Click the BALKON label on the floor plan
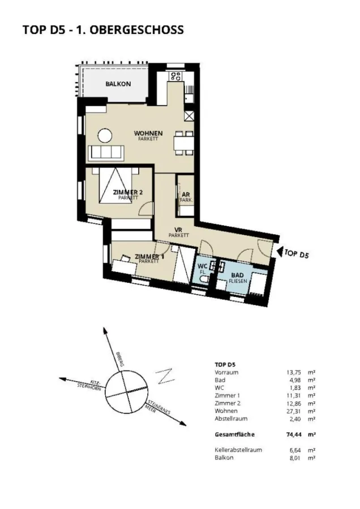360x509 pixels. (118, 84)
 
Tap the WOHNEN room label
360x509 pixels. (148, 133)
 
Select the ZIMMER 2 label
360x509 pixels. (128, 192)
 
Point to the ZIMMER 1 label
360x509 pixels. (149, 257)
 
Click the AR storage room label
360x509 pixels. (186, 195)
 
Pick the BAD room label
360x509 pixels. (238, 275)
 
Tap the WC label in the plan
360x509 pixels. (203, 266)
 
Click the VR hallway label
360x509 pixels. (178, 230)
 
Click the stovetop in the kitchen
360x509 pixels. (175, 76)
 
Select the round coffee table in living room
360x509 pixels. (105, 136)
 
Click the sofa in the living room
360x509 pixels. (106, 152)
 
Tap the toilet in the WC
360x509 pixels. (203, 280)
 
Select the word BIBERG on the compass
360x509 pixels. (119, 359)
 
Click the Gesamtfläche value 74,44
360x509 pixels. (293, 434)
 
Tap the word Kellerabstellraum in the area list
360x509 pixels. (238, 450)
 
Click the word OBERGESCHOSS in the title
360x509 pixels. (136, 30)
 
